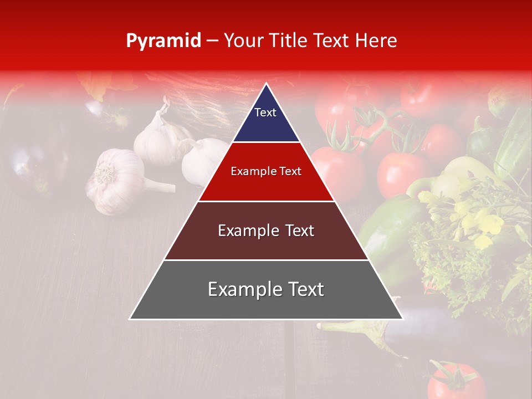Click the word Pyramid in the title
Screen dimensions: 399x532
click(x=163, y=41)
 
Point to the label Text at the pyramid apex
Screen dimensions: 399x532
click(x=265, y=112)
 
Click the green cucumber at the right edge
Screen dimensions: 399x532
click(x=513, y=144)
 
